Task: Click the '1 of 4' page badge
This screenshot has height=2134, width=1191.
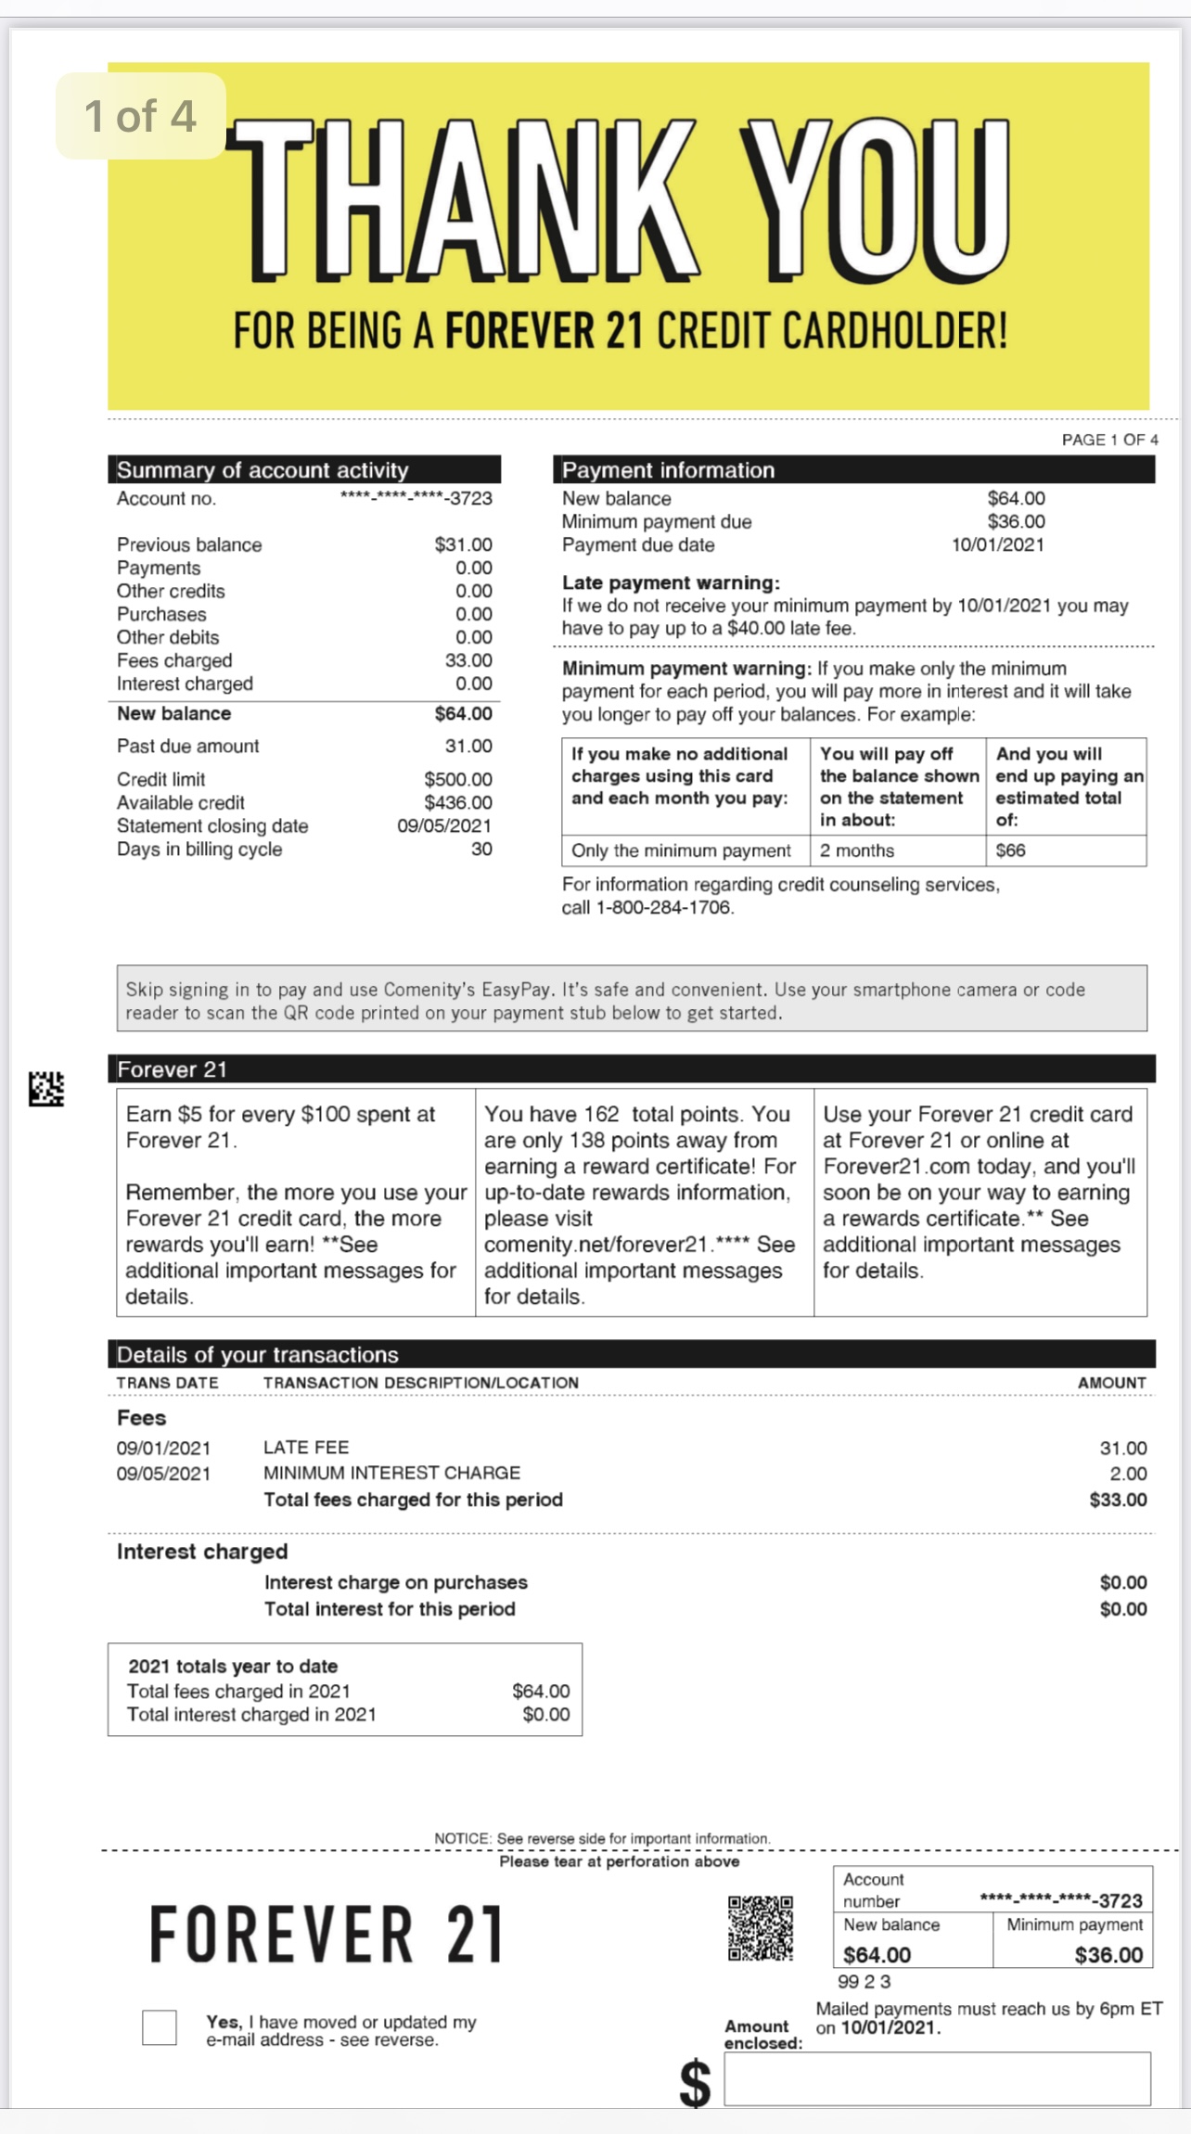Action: pos(140,116)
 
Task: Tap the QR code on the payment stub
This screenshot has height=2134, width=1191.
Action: pos(760,1927)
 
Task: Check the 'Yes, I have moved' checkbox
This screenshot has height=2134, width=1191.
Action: pos(159,2026)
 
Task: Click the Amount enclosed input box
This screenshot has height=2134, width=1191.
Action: pos(937,2077)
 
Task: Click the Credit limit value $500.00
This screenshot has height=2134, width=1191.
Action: pos(457,779)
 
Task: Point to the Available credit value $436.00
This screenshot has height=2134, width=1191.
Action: pos(457,802)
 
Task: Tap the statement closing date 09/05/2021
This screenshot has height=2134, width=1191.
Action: pos(444,825)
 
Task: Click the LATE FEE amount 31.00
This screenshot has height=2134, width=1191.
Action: pos(1122,1448)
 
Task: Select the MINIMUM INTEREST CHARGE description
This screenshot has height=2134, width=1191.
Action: pos(391,1473)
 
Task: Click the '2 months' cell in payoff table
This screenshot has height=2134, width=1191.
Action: pos(857,850)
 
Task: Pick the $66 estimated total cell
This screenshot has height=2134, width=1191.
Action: pos(1011,850)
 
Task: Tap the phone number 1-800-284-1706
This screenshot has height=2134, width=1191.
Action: pos(662,907)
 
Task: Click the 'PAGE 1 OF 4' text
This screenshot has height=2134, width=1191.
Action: pos(1109,440)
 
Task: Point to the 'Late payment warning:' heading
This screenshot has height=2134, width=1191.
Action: pos(671,582)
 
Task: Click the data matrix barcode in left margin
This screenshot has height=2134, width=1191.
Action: pos(46,1088)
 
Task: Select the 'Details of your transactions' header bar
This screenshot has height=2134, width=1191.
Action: pos(631,1354)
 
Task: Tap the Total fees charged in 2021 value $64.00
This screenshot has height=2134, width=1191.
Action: pos(541,1691)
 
